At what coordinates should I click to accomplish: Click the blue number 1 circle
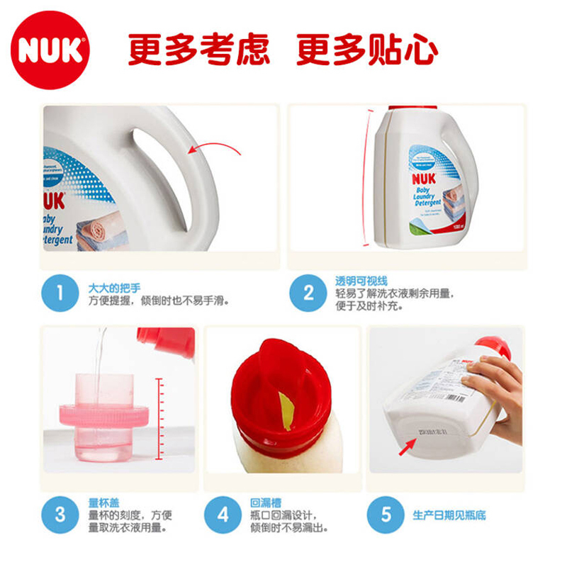(x=60, y=293)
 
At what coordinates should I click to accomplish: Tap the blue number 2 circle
(x=308, y=293)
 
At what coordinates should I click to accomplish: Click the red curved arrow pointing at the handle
(x=213, y=148)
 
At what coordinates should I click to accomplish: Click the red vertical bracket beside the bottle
(x=368, y=177)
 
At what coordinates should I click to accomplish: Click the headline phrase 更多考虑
(x=198, y=50)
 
